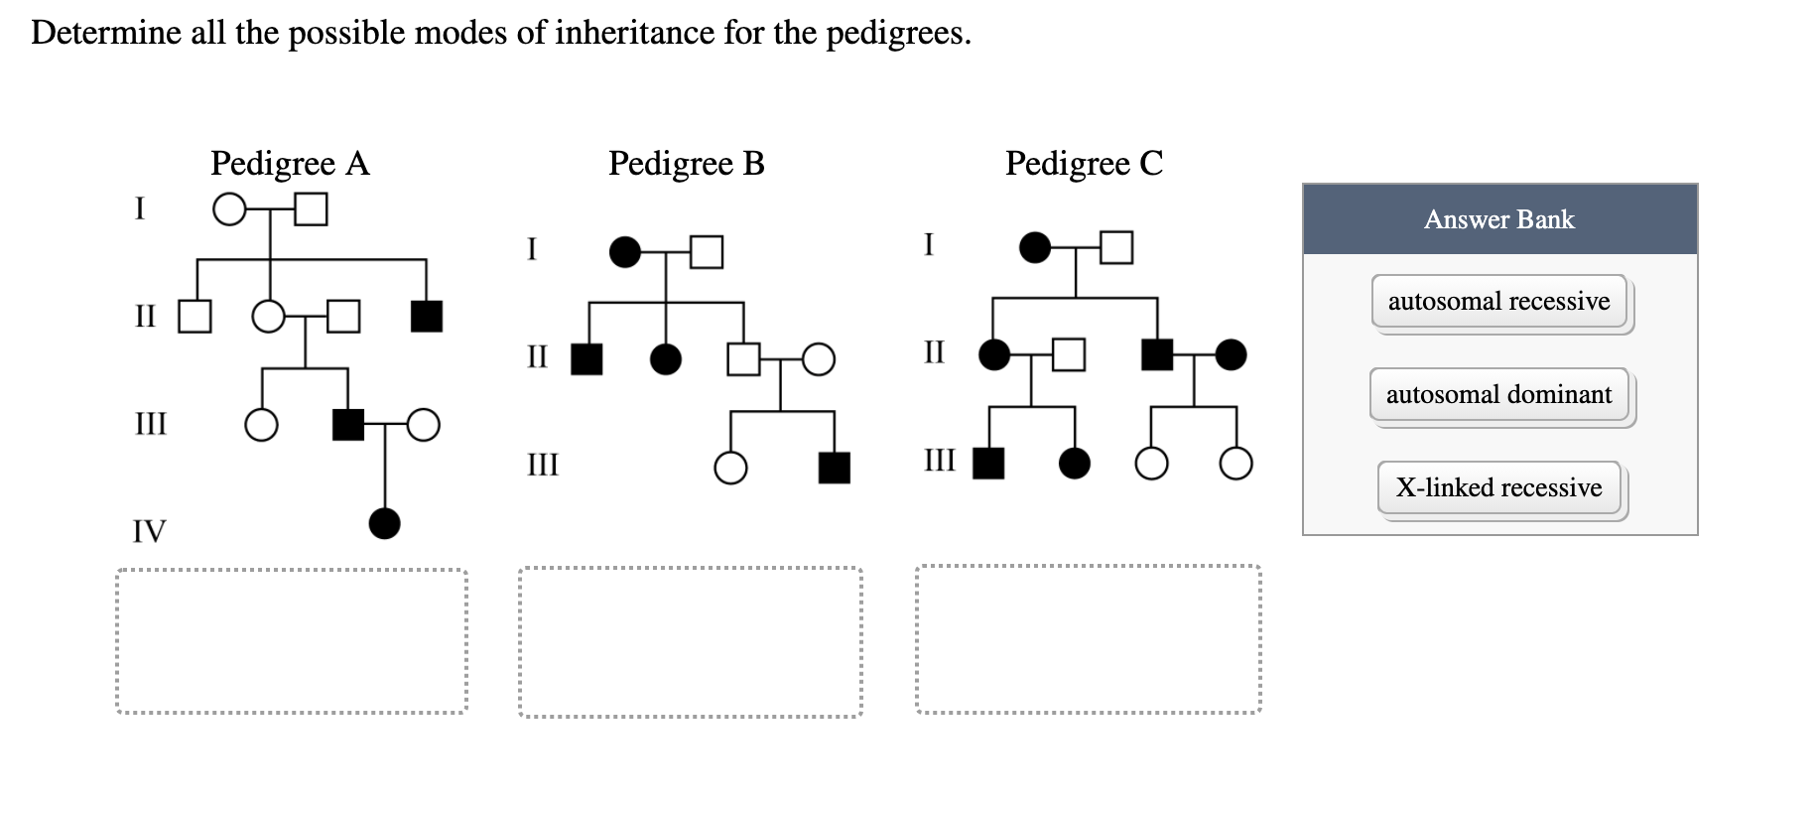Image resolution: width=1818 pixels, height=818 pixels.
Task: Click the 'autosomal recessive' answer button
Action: tap(1498, 302)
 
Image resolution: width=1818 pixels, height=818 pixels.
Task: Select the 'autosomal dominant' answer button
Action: tap(1498, 395)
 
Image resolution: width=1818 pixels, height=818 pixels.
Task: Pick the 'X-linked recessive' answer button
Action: tap(1498, 487)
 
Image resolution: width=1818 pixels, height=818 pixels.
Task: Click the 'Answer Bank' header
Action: tap(1498, 219)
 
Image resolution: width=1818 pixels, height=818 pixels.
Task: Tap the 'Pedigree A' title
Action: tap(290, 163)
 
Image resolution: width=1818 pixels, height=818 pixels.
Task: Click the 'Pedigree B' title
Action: tap(686, 163)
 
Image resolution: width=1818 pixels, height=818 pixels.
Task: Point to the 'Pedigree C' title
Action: tap(1084, 163)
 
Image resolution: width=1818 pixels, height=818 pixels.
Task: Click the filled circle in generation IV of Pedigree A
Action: tap(385, 522)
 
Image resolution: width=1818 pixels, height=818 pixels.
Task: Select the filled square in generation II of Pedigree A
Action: tap(427, 316)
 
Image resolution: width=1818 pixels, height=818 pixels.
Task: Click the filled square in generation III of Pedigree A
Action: tap(347, 424)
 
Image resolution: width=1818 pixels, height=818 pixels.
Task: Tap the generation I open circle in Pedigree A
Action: tap(229, 209)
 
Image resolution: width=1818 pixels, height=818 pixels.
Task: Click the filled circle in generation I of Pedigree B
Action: tap(624, 252)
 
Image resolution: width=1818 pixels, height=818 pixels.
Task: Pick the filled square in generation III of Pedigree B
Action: tap(834, 468)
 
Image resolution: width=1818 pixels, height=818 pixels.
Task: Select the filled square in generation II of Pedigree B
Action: tap(586, 358)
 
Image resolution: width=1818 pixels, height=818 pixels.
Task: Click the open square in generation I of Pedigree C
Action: tap(1116, 247)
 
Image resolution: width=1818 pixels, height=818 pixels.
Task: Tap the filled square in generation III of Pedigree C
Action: tap(988, 463)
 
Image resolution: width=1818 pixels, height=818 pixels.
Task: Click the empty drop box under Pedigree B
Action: tap(690, 641)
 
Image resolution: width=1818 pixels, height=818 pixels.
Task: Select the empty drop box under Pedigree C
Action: tap(1088, 639)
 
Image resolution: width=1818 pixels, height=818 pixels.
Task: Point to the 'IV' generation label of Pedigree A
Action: tap(150, 531)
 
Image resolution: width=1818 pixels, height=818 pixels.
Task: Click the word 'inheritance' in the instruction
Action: tap(634, 33)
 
